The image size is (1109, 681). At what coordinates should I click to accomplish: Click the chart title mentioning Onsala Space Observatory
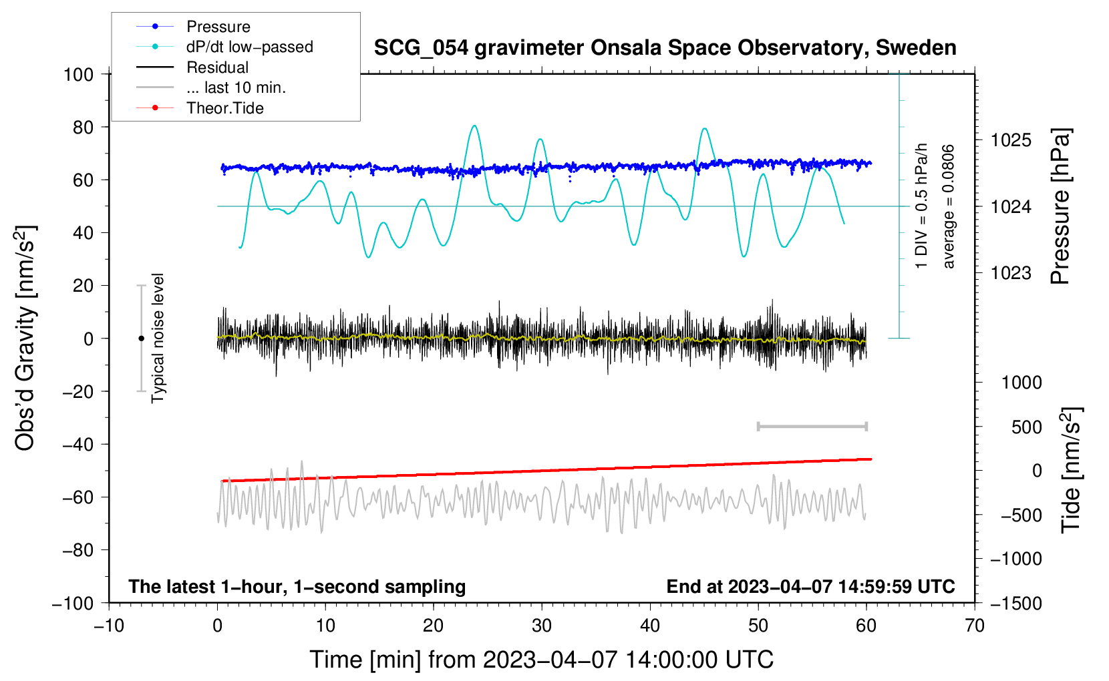pyautogui.click(x=665, y=48)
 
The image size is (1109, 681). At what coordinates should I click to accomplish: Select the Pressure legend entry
pyautogui.click(x=194, y=26)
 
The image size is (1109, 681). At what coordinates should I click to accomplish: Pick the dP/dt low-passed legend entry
pyautogui.click(x=224, y=47)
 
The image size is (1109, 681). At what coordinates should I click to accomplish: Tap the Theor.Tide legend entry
pyautogui.click(x=200, y=108)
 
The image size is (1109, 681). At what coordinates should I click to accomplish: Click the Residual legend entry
pyautogui.click(x=192, y=67)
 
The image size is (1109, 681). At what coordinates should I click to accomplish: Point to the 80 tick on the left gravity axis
pyautogui.click(x=83, y=128)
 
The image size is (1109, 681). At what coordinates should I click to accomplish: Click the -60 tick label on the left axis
pyautogui.click(x=78, y=497)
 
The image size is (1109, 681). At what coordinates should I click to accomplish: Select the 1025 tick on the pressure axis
pyautogui.click(x=1011, y=141)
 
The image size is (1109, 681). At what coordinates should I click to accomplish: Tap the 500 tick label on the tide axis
pyautogui.click(x=1026, y=427)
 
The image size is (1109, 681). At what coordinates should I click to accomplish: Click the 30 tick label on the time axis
pyautogui.click(x=542, y=626)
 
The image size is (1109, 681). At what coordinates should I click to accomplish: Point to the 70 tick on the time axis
pyautogui.click(x=974, y=626)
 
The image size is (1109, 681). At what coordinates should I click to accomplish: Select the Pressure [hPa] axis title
pyautogui.click(x=1060, y=206)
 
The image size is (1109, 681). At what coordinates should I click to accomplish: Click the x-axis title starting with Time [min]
pyautogui.click(x=541, y=660)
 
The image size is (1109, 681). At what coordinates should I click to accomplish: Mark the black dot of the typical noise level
pyautogui.click(x=141, y=338)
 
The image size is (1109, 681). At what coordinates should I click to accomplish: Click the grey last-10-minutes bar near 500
pyautogui.click(x=812, y=427)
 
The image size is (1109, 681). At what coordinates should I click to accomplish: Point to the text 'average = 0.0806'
pyautogui.click(x=948, y=206)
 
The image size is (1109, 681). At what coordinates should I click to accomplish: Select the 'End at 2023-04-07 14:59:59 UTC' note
pyautogui.click(x=810, y=586)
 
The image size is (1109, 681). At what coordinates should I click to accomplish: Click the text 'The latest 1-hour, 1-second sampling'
pyautogui.click(x=297, y=587)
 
